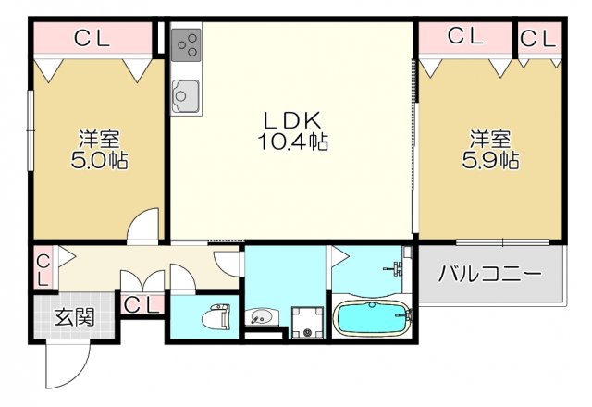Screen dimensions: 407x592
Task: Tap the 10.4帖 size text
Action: (x=291, y=142)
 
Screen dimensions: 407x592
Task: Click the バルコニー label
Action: (x=489, y=275)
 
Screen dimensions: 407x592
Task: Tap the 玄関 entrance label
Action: (x=72, y=317)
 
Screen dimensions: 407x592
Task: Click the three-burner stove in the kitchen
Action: (x=186, y=44)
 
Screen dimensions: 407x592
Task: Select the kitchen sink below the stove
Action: (x=186, y=95)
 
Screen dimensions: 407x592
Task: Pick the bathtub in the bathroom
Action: (x=372, y=319)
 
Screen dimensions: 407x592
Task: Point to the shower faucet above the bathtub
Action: (x=399, y=267)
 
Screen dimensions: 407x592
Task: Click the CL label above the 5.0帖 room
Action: (x=92, y=38)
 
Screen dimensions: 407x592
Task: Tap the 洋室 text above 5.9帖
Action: (x=489, y=140)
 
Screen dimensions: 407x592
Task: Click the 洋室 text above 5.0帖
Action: (x=98, y=140)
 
